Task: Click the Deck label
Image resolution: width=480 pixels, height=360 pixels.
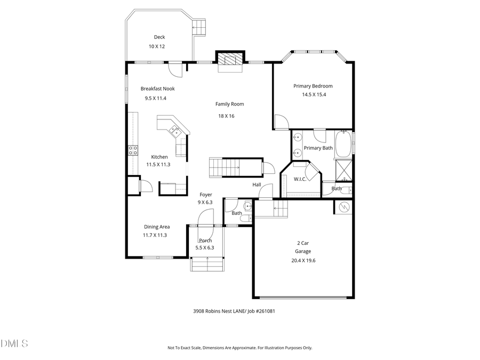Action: point(159,37)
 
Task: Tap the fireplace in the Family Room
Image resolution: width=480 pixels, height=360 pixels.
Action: point(230,61)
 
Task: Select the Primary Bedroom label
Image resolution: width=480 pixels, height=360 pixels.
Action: point(313,86)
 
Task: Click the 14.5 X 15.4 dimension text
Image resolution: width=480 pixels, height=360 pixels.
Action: point(313,94)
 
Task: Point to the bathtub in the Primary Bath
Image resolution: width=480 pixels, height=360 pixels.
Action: point(344,143)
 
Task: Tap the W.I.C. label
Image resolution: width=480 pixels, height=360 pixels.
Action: point(300,179)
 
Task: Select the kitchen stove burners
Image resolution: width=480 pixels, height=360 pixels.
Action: point(132,150)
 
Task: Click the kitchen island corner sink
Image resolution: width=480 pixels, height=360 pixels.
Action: point(174,130)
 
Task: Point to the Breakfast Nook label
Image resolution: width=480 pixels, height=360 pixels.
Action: point(157,89)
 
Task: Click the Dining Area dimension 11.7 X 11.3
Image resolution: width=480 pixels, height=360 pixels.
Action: point(155,235)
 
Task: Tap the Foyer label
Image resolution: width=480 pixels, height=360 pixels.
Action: point(206,195)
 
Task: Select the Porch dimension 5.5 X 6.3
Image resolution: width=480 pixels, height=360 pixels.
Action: point(205,247)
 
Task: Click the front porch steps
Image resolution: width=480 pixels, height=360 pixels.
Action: point(205,263)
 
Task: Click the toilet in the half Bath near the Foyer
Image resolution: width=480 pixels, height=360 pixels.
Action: point(246,218)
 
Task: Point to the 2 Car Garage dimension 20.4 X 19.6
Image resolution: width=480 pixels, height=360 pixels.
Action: point(303,260)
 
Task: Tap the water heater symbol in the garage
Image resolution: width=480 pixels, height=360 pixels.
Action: point(344,206)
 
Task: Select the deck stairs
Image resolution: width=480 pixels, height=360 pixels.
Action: point(199,27)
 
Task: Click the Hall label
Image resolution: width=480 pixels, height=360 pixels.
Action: point(257,185)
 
